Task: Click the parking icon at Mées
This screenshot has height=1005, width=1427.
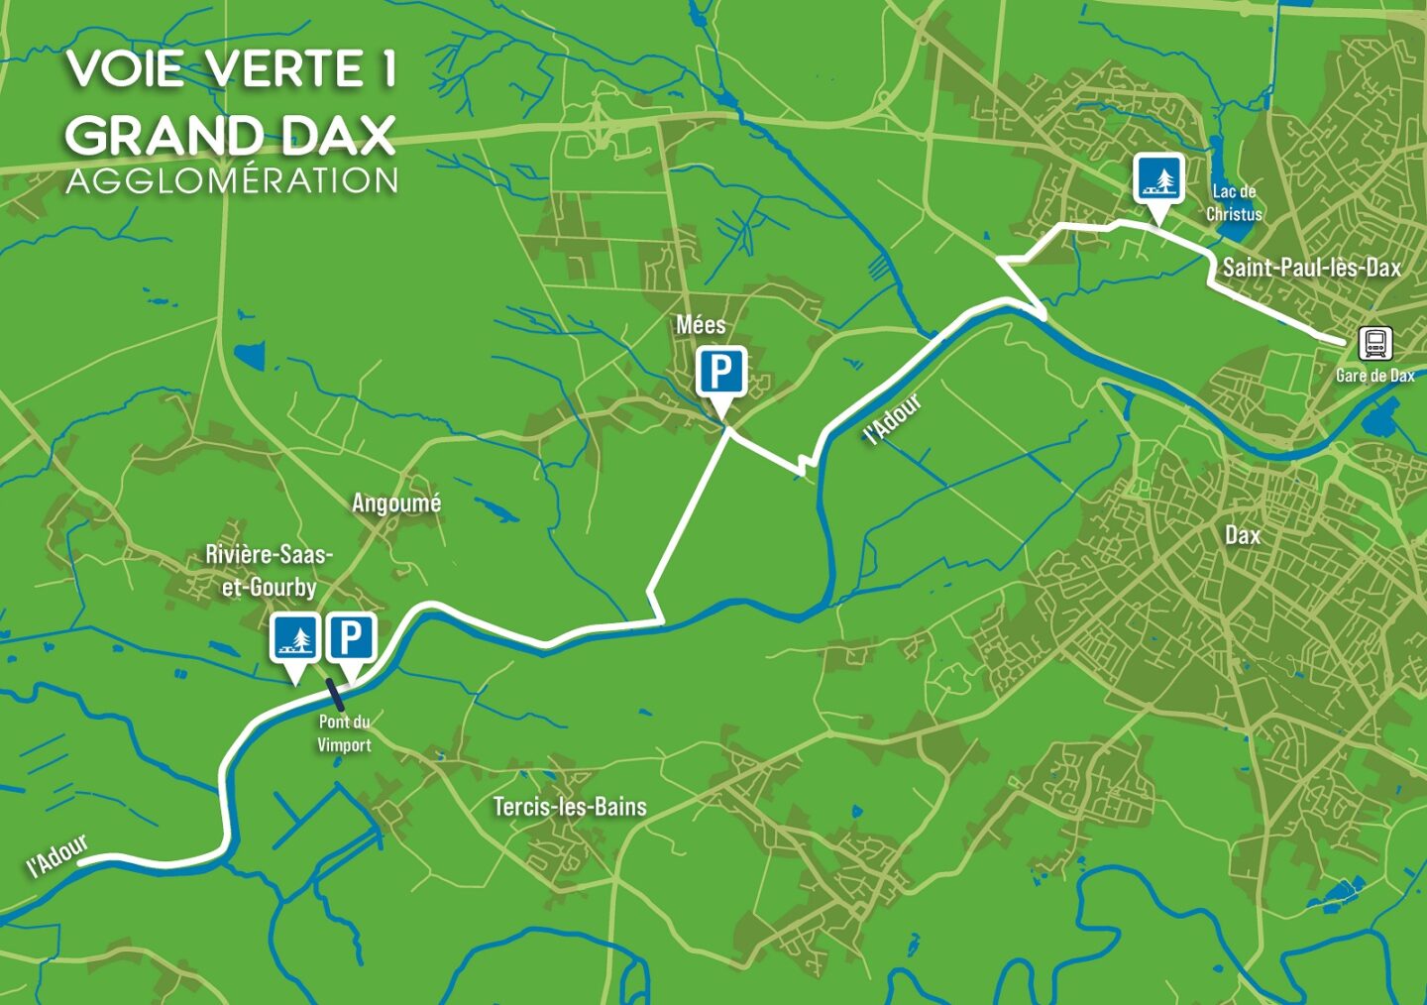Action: coord(721,374)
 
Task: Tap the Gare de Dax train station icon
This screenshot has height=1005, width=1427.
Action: coord(1375,344)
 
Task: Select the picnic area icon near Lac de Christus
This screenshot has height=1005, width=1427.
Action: coord(1158,178)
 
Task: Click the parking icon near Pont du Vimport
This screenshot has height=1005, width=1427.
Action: coord(351,637)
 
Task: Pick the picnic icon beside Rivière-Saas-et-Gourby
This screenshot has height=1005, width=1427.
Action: coord(294,637)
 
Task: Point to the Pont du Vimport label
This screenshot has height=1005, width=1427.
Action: coord(344,733)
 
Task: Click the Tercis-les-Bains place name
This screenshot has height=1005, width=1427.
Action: coord(570,807)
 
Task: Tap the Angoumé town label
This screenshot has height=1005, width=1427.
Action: coord(396,503)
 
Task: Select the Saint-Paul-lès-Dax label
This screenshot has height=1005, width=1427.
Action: coord(1310,267)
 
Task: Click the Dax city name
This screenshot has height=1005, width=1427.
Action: coord(1243,535)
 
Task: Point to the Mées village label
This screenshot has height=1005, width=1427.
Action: coord(701,325)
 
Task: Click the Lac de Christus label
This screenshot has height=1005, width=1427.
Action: coord(1234,202)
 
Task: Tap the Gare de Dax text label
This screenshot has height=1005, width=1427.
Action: coord(1374,376)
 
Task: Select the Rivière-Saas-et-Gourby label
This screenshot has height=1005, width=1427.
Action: coord(269,571)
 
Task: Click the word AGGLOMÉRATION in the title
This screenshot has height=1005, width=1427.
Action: coord(232,180)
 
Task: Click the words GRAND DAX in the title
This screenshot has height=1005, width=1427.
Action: coord(230,136)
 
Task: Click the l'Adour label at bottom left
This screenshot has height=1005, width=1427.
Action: coord(57,856)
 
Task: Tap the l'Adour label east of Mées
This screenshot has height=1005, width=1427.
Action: coord(892,419)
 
